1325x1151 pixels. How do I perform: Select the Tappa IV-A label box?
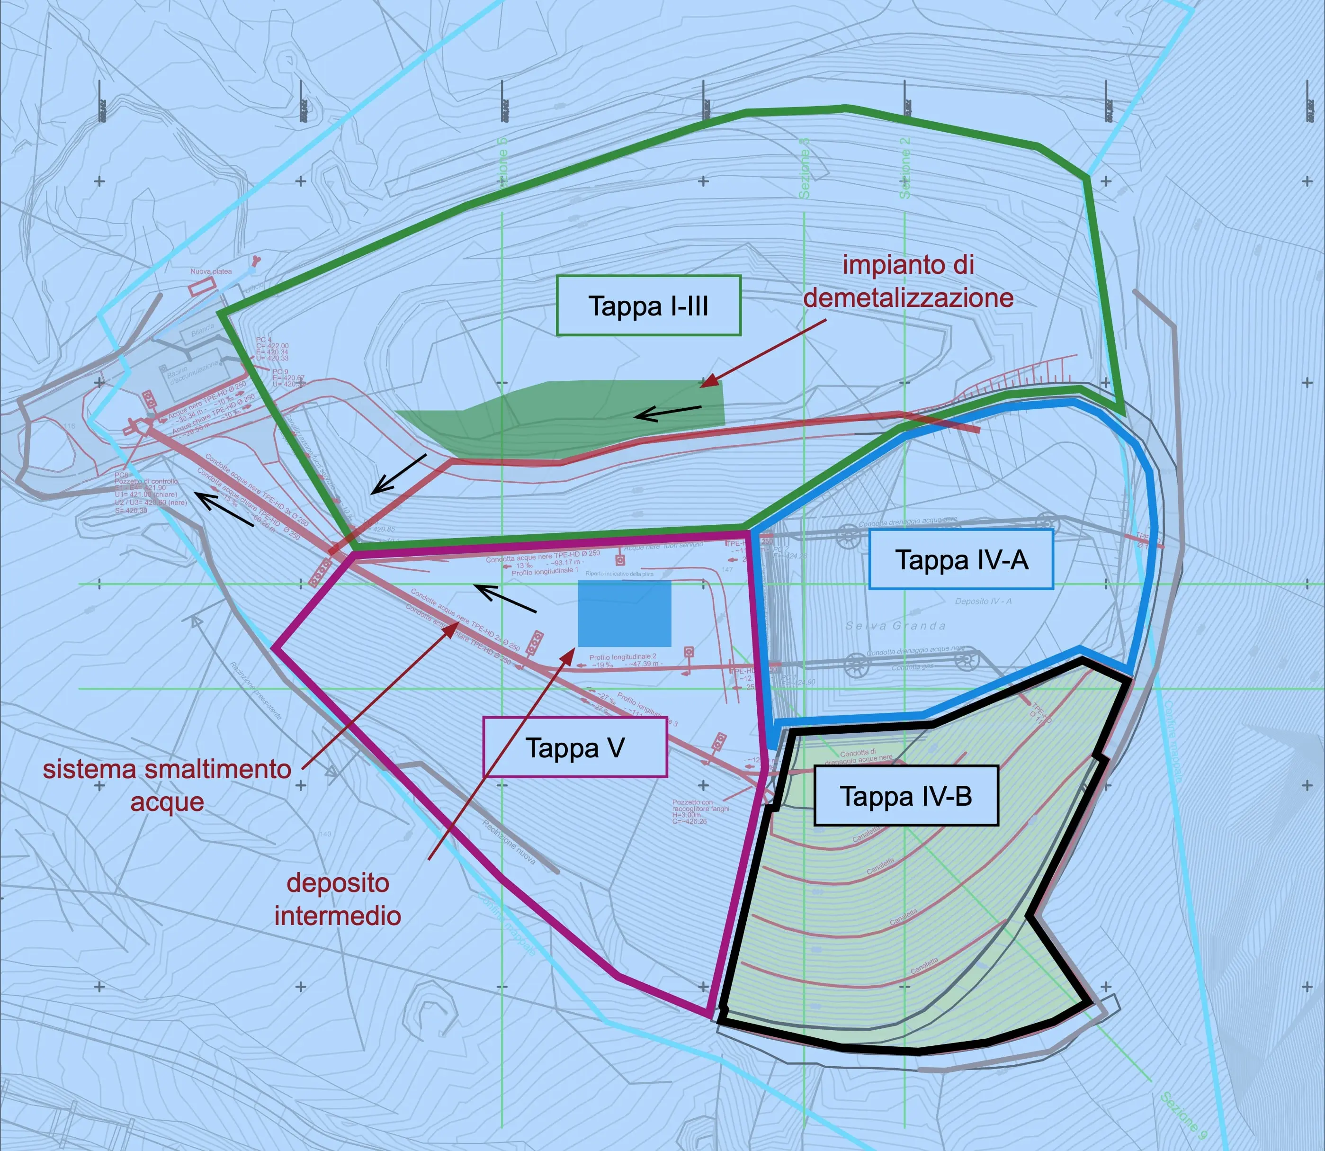tap(961, 559)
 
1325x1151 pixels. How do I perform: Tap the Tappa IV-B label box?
tap(905, 796)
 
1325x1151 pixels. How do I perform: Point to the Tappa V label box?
tap(575, 747)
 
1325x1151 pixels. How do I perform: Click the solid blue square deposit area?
tap(624, 613)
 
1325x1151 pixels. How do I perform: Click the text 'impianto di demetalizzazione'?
tap(908, 281)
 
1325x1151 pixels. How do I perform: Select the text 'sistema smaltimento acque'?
tap(167, 785)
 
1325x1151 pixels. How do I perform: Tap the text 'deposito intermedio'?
tap(338, 899)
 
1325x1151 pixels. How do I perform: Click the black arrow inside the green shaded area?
tap(668, 413)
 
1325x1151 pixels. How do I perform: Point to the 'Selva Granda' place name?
tap(895, 626)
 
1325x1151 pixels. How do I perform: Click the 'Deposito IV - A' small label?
tap(983, 601)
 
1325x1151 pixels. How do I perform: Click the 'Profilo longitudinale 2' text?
tap(622, 657)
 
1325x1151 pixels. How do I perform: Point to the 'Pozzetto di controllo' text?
tap(146, 481)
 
